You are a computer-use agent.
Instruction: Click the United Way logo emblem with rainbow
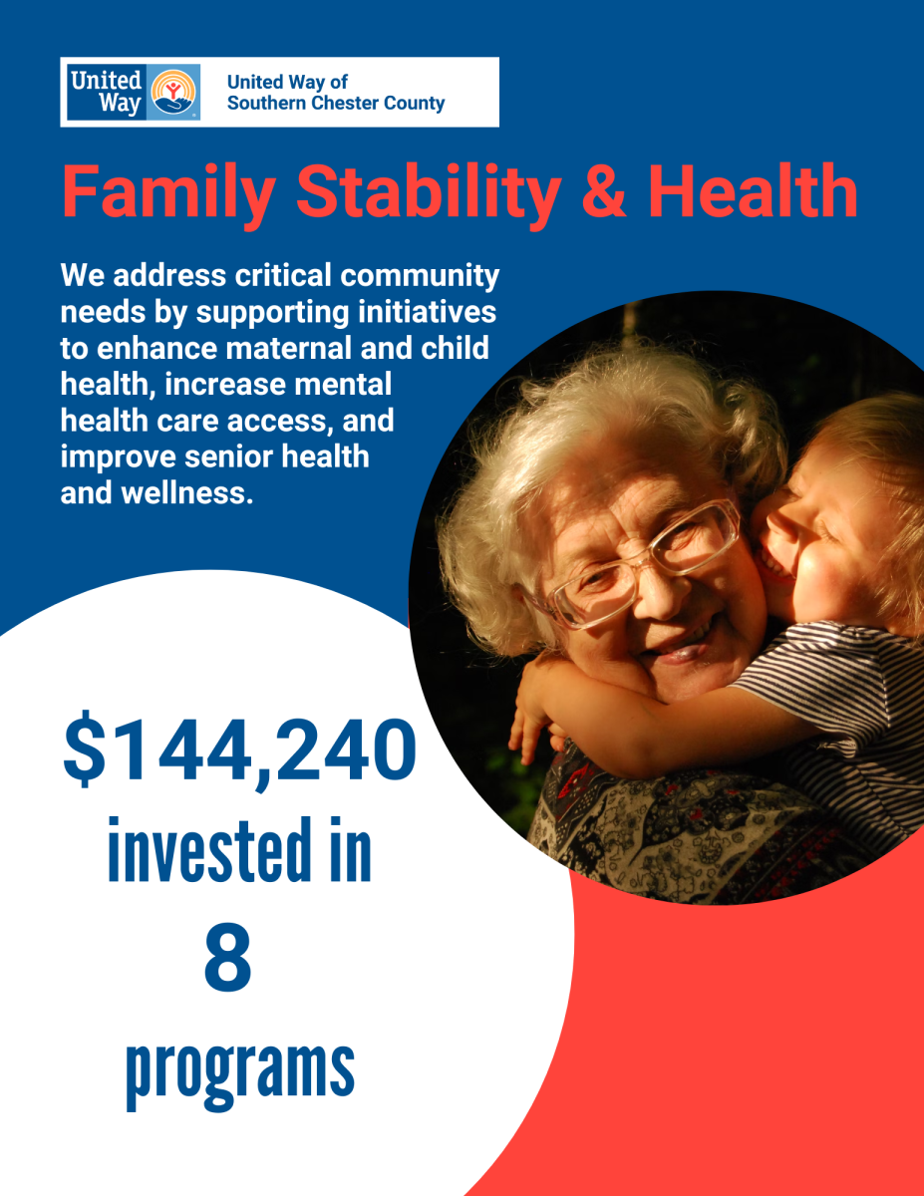172,92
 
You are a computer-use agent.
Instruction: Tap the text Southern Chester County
336,103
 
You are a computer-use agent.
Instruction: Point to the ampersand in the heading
604,190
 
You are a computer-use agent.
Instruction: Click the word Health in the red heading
753,190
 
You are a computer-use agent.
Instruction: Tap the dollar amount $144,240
240,750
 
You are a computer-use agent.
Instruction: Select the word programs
240,1075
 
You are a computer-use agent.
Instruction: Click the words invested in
240,849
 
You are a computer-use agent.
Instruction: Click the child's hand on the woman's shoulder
532,716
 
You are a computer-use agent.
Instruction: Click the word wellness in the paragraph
187,493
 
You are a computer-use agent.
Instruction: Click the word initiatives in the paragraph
427,312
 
